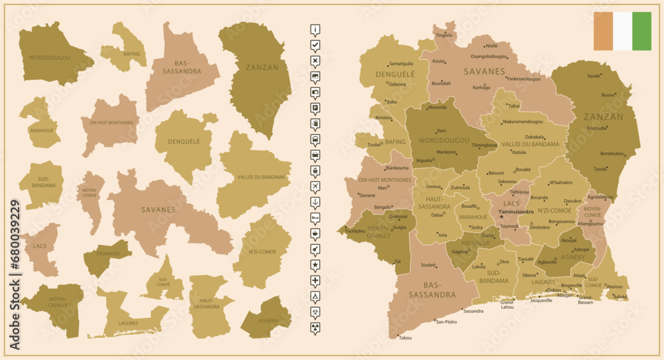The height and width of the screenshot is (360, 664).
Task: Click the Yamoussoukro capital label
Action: [516, 212]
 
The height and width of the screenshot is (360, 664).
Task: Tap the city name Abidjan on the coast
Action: [564, 295]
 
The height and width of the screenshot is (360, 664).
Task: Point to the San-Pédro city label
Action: [446, 322]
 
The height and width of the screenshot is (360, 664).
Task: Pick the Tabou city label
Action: [405, 338]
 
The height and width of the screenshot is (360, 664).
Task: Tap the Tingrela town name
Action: [444, 35]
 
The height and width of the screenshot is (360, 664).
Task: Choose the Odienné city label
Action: [397, 84]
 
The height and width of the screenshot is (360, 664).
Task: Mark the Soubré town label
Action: [428, 266]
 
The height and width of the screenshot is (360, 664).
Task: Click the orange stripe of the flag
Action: [603, 31]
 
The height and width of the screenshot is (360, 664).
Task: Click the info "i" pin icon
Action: [315, 29]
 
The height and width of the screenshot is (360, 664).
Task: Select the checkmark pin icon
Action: [315, 45]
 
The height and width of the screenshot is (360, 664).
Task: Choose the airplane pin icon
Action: [315, 186]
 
